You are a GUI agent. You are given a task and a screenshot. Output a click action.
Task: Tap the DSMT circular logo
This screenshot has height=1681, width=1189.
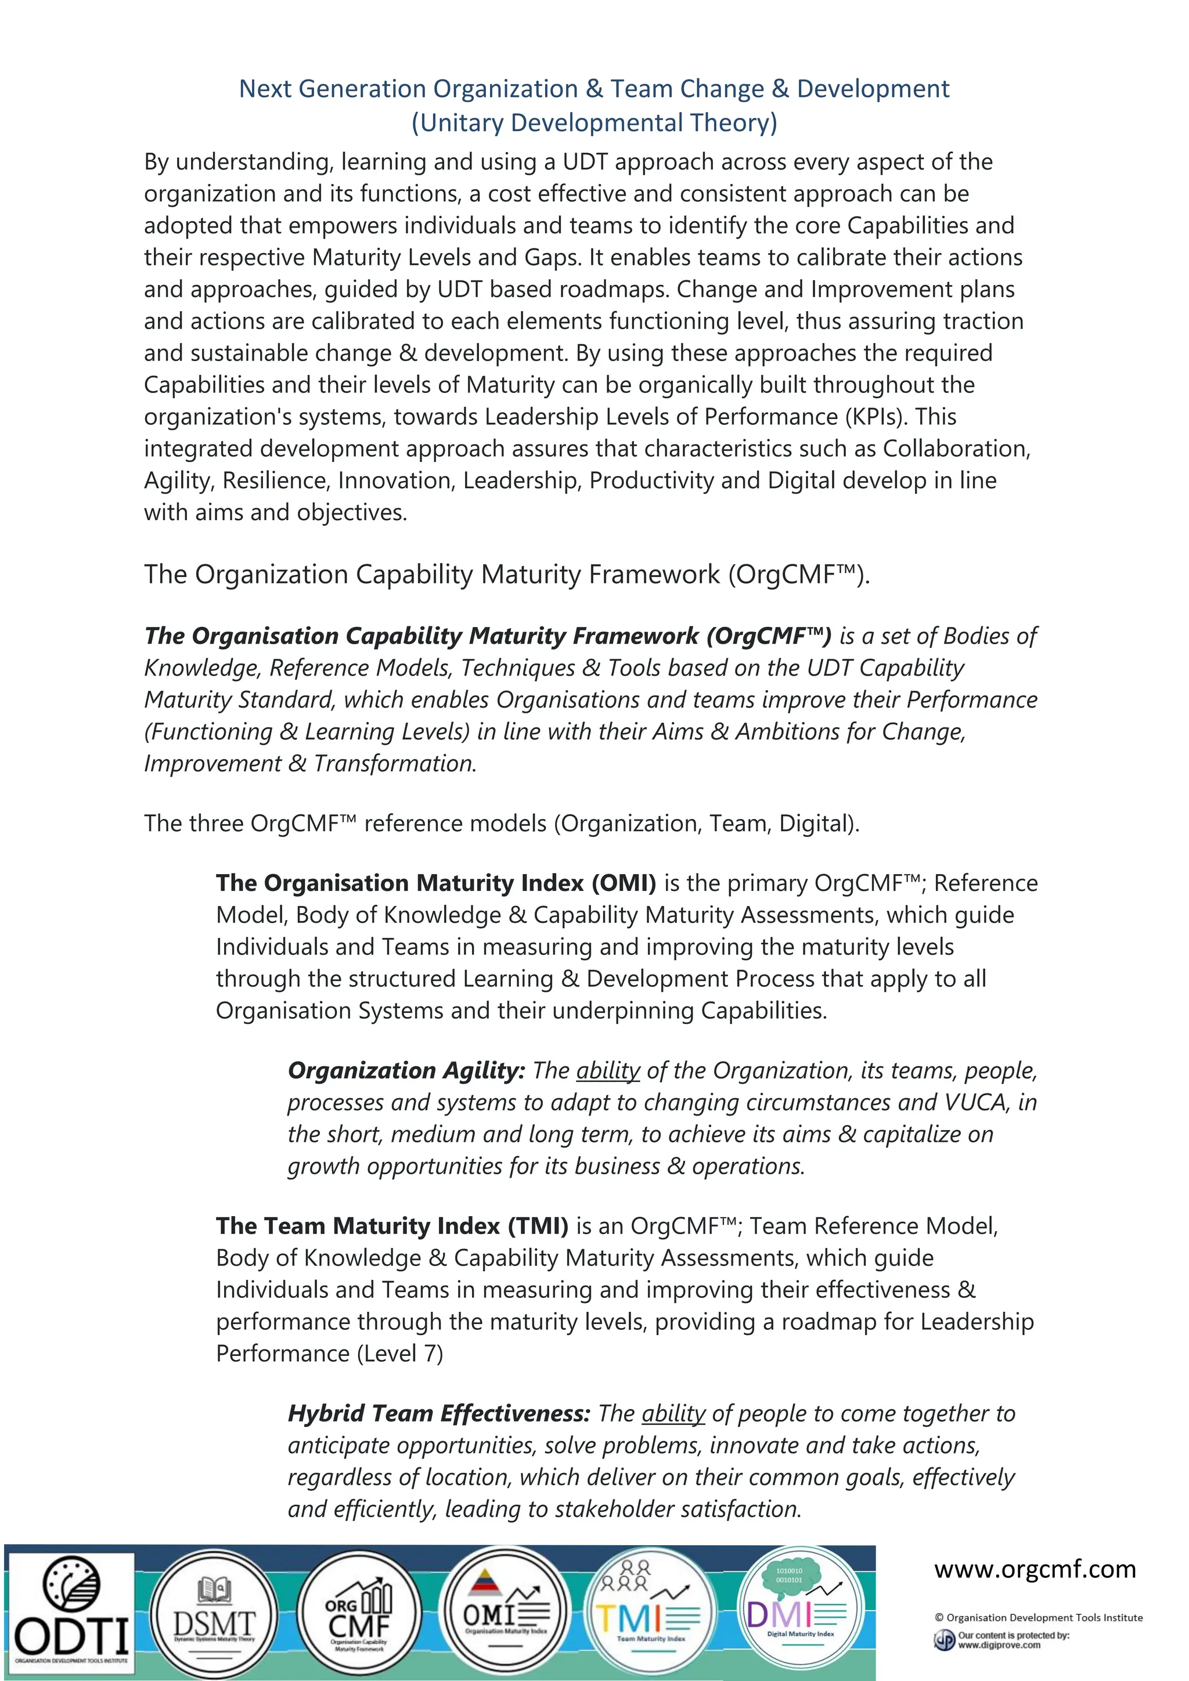[214, 1614]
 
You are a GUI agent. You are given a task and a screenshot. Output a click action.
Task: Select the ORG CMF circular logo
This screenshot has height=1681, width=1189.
[359, 1614]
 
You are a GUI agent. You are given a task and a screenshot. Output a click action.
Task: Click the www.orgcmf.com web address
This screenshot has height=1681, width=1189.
[1035, 1569]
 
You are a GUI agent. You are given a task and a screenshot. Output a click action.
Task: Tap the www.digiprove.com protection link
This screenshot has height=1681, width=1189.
[999, 1645]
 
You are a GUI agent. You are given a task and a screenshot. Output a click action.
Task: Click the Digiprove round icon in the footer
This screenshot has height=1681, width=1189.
[944, 1640]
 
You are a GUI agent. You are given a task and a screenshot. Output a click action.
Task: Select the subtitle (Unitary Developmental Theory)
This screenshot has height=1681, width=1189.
[594, 122]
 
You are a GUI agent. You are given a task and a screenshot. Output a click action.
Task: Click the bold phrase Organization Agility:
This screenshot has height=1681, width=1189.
[406, 1070]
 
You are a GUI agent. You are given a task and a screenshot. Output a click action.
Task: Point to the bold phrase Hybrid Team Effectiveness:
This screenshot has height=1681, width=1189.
[438, 1413]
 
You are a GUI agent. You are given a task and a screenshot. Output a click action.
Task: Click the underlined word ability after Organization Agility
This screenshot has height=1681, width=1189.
[608, 1070]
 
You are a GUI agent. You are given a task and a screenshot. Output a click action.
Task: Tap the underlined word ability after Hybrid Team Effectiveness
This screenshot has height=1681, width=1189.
[673, 1413]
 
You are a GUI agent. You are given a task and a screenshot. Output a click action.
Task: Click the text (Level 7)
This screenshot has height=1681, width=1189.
[400, 1353]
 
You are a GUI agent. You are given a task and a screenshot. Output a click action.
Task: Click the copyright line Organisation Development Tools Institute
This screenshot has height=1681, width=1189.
[1038, 1617]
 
